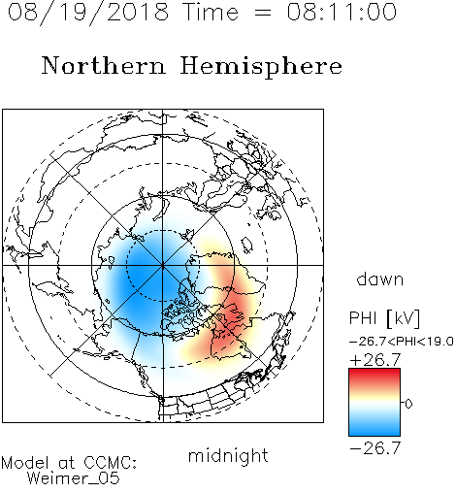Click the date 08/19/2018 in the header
point(88,13)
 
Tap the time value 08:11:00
point(342,13)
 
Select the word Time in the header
point(211,13)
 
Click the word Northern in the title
point(104,65)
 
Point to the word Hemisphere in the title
point(261,66)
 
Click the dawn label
point(380,279)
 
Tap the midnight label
point(228,455)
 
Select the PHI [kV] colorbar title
point(384,318)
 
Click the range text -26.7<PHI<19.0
point(402,342)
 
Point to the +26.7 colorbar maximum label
point(375,360)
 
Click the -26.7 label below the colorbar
point(375,448)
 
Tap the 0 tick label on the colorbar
point(408,404)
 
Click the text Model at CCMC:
point(69,463)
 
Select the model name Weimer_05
point(74,478)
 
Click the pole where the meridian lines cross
point(163,265)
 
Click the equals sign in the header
point(263,13)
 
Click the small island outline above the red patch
point(247,245)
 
